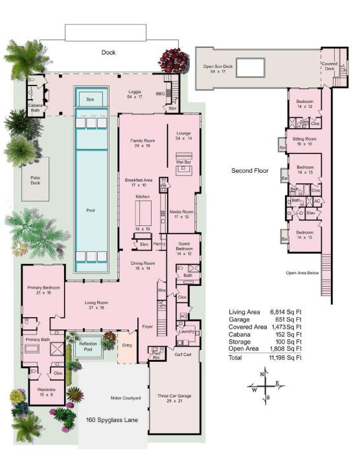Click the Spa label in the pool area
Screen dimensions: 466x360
[89, 99]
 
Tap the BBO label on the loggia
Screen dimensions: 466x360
[161, 93]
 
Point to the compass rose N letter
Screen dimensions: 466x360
[262, 374]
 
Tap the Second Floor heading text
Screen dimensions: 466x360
[249, 171]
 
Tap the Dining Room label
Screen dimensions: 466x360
[142, 265]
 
